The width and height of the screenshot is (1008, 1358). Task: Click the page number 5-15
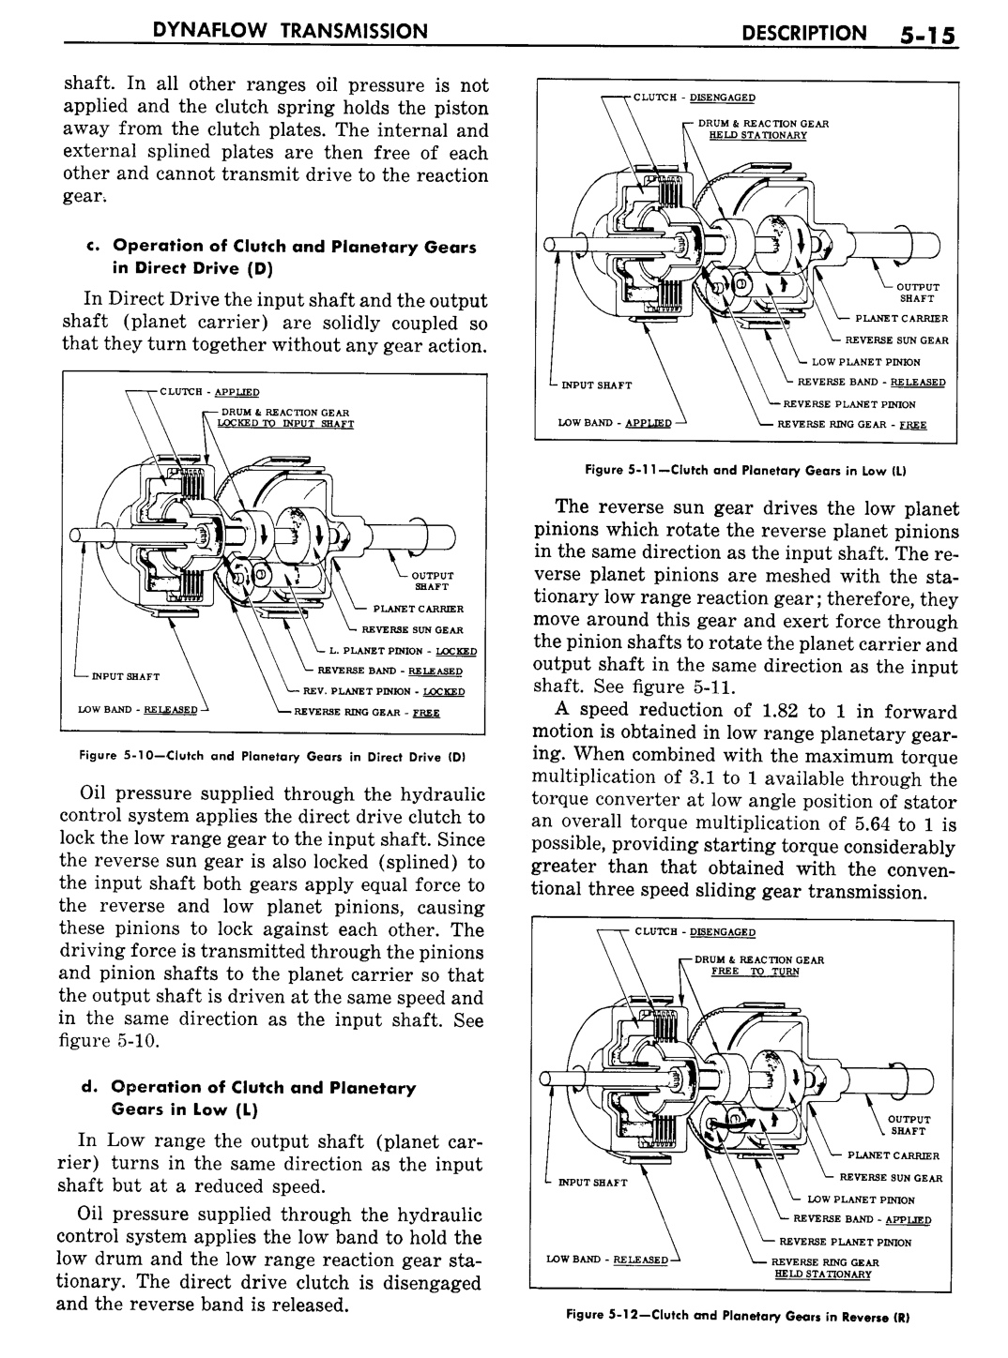pyautogui.click(x=924, y=36)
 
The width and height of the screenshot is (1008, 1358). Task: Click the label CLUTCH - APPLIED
pyautogui.click(x=209, y=392)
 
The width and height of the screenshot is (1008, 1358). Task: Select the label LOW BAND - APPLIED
pyautogui.click(x=614, y=423)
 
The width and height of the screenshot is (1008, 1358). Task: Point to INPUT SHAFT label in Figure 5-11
pyautogui.click(x=596, y=385)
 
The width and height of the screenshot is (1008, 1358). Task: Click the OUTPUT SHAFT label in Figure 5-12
pyautogui.click(x=908, y=1124)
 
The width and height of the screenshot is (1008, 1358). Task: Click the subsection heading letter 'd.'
pyautogui.click(x=90, y=1087)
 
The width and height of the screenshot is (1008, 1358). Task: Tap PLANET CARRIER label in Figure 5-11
pyautogui.click(x=900, y=318)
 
